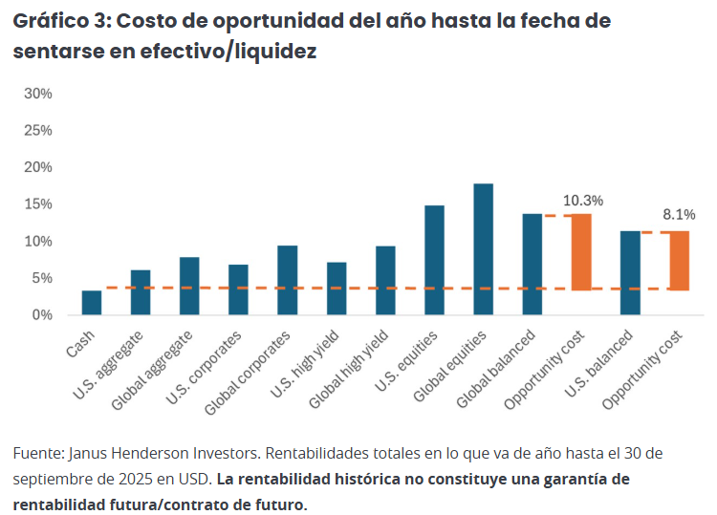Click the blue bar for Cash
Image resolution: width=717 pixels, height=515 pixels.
pos(92,303)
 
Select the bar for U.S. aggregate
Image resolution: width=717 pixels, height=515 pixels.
pos(141,292)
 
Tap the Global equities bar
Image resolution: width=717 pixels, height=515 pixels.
pos(484,249)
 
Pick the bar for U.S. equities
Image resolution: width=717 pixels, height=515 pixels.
pos(434,260)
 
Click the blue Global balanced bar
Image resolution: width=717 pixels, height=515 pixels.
pos(532,265)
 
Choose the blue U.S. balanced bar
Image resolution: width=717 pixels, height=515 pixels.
pos(630,273)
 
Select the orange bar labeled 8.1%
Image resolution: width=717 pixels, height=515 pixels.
pos(679,260)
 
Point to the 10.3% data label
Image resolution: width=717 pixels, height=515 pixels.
pos(583,201)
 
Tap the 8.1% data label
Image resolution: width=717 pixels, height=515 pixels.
pos(680,214)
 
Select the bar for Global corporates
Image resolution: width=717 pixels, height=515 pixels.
pos(288,280)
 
